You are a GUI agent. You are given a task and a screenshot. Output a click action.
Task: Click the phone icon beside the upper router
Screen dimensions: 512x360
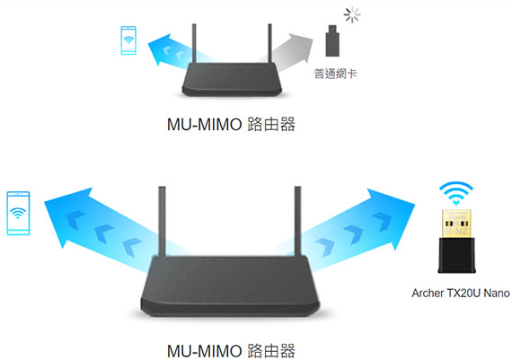[128, 40]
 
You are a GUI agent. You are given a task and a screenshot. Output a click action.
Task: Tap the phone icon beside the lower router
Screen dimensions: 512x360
[18, 213]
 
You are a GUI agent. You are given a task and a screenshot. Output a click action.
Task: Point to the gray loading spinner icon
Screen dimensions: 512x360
[352, 15]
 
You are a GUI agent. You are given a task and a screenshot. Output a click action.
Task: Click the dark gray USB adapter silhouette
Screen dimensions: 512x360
[332, 40]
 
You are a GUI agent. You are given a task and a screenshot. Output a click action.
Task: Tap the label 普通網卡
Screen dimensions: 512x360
[335, 74]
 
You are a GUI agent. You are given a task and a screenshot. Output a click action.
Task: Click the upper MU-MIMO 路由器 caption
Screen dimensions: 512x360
[231, 125]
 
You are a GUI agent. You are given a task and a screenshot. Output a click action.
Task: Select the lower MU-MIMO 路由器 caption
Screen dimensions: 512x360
[231, 351]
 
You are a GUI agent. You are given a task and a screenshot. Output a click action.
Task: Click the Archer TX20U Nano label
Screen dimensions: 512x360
[461, 293]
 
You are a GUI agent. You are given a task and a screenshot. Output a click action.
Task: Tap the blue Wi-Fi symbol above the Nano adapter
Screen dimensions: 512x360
[456, 193]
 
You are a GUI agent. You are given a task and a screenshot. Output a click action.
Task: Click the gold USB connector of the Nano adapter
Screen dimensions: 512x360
[456, 224]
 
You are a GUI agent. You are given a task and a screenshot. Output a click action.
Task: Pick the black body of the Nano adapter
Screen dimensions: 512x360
[456, 255]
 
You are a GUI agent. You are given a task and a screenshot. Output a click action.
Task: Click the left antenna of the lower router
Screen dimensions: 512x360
[162, 221]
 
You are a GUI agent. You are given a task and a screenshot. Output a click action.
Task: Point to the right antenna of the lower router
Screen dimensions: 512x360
[297, 221]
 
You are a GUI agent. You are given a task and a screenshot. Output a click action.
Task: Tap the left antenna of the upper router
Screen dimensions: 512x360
[194, 43]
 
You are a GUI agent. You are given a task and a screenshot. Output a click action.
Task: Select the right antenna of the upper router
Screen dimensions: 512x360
[269, 43]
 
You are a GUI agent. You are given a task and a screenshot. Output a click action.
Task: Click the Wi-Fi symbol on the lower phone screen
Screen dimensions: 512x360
[18, 213]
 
